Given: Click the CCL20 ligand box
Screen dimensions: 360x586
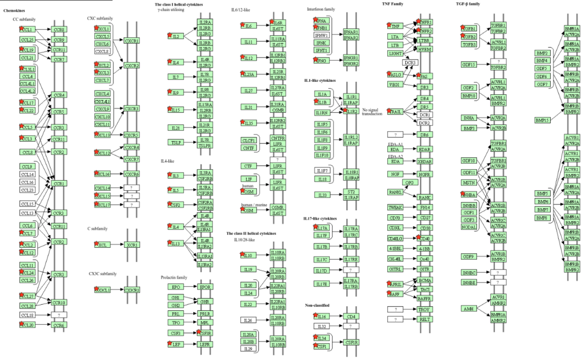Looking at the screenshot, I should (x=28, y=325).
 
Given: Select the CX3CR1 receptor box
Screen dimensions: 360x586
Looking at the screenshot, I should (x=133, y=291).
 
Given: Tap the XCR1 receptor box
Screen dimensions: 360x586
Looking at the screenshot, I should (x=133, y=245).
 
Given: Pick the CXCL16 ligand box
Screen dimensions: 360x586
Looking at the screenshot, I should (x=103, y=174).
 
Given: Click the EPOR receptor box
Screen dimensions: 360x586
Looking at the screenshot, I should (x=205, y=287).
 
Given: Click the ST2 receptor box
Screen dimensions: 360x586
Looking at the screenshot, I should (x=352, y=191).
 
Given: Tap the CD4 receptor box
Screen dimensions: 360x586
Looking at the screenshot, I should (x=352, y=316).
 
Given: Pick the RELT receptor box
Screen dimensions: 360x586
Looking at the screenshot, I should (x=425, y=319).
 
